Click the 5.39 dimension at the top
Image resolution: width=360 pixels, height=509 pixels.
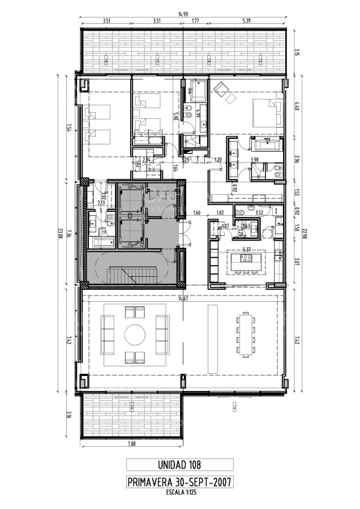(246, 21)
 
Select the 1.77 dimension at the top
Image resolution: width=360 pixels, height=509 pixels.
(195, 21)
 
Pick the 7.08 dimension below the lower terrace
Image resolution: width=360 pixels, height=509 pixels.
(131, 444)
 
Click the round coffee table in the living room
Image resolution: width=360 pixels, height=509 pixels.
(135, 334)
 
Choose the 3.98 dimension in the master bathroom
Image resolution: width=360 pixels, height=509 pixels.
(255, 160)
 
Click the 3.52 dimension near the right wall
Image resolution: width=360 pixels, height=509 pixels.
(259, 213)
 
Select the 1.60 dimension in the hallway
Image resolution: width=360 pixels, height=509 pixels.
(197, 213)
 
